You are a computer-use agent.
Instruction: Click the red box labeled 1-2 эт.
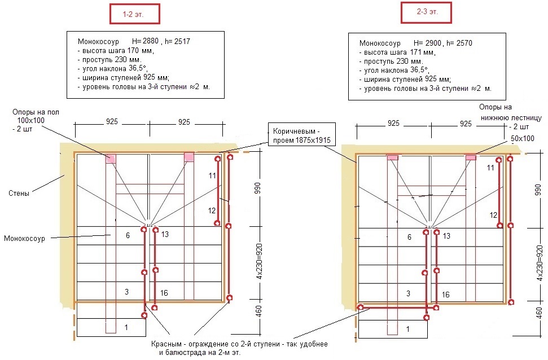click(x=134, y=14)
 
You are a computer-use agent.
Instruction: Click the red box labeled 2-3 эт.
click(x=426, y=12)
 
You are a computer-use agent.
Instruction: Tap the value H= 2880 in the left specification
click(x=146, y=41)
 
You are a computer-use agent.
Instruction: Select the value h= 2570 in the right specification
click(x=459, y=43)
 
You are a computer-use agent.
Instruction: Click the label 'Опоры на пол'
click(x=36, y=112)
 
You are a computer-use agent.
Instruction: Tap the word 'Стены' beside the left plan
click(x=19, y=194)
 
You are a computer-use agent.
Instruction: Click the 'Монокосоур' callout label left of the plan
click(x=24, y=239)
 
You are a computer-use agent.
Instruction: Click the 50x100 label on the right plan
click(x=523, y=138)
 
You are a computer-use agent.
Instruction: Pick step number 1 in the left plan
click(x=126, y=327)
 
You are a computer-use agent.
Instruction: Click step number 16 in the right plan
click(x=446, y=295)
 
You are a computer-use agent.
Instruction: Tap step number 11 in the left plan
click(x=212, y=175)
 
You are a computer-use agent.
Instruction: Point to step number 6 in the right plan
click(x=409, y=238)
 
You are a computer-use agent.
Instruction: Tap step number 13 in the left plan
click(x=165, y=235)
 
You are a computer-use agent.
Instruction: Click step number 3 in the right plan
click(x=408, y=293)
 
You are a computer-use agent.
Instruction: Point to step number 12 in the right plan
click(x=493, y=215)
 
